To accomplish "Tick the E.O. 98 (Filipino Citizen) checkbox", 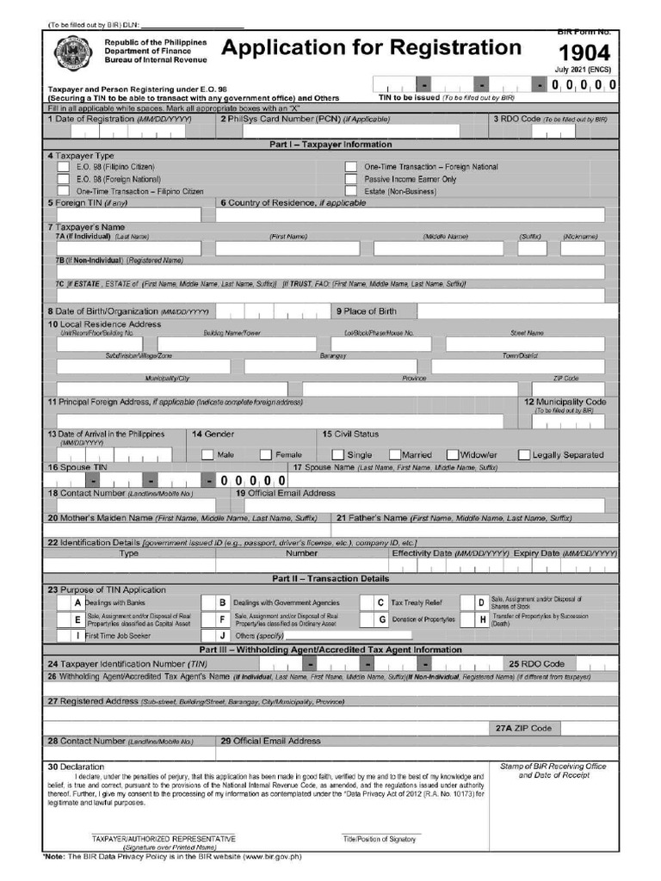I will click(64, 167).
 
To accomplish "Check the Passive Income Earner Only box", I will click(351, 179).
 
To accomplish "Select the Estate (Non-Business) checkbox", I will click(351, 191).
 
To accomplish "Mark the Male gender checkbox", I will click(207, 454).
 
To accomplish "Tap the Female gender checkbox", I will click(266, 454).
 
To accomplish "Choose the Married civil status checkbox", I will click(395, 454).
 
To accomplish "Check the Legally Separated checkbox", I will click(523, 454).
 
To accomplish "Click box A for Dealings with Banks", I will click(77, 603).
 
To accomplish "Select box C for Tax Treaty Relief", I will click(380, 603).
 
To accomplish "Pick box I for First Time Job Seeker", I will click(77, 635).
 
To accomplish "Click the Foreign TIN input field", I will click(128, 215).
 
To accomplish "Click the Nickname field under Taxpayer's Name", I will click(589, 249).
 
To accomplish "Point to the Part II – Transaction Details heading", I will click(330, 579).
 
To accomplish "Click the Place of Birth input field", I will click(516, 311).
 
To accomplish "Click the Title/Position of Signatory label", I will click(380, 838).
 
